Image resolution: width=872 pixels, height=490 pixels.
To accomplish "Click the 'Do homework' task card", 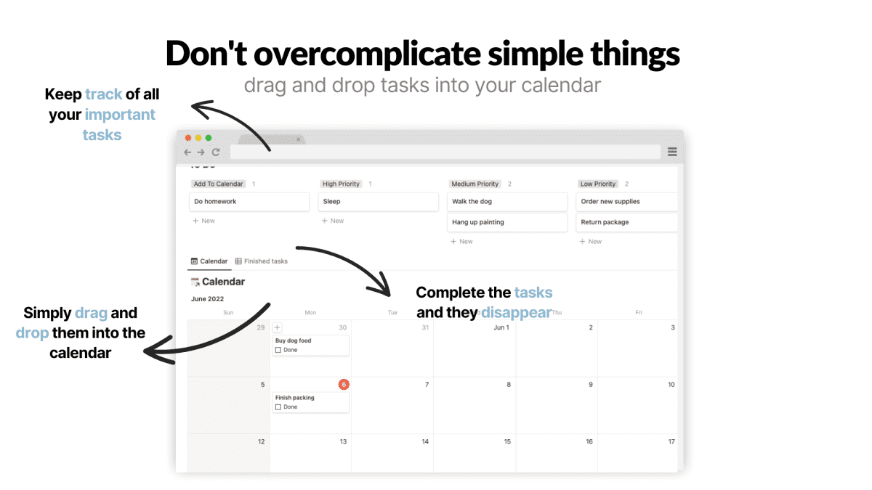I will pyautogui.click(x=249, y=202).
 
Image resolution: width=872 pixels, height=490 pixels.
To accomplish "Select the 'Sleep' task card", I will pyautogui.click(x=378, y=202).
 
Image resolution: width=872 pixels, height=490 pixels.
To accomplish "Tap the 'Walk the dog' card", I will pyautogui.click(x=506, y=202).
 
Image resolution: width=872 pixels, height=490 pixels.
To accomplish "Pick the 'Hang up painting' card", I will pyautogui.click(x=506, y=222).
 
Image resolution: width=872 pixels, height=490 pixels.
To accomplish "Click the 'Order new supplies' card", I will pyautogui.click(x=626, y=202).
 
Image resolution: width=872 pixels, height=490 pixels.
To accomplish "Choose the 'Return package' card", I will pyautogui.click(x=626, y=222).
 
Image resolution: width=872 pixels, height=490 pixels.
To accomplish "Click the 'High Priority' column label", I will pyautogui.click(x=342, y=184).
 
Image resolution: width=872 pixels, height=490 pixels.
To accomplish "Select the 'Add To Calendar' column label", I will pyautogui.click(x=219, y=184).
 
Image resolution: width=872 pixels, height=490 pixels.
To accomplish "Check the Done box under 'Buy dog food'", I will pyautogui.click(x=278, y=350).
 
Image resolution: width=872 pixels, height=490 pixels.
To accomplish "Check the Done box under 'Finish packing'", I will pyautogui.click(x=278, y=407).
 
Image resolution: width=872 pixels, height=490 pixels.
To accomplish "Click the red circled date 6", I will pyautogui.click(x=344, y=384).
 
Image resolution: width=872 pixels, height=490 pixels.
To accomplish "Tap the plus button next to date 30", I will pyautogui.click(x=278, y=328).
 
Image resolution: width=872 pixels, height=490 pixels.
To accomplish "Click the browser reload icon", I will pyautogui.click(x=216, y=152).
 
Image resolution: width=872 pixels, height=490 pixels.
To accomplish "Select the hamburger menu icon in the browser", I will pyautogui.click(x=672, y=152).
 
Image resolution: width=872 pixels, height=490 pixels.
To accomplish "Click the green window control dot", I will pyautogui.click(x=209, y=138).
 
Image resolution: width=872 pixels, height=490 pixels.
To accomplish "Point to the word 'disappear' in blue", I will pyautogui.click(x=515, y=313).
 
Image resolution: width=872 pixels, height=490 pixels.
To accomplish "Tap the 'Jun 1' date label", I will pyautogui.click(x=501, y=327).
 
